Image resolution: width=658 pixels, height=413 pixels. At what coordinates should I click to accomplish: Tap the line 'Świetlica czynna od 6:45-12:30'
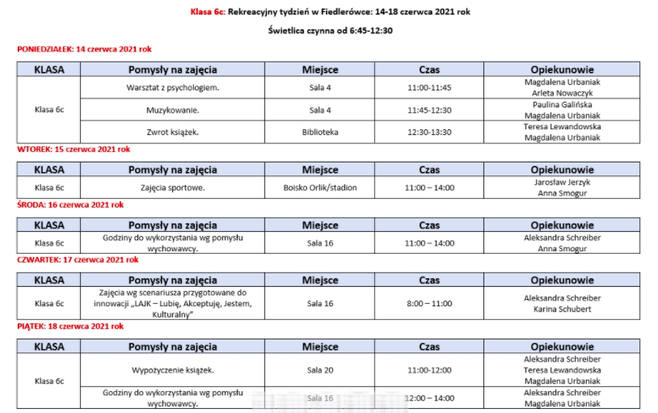pyautogui.click(x=330, y=31)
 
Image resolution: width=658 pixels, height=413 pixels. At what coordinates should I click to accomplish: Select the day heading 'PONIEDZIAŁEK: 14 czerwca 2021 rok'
pyautogui.click(x=84, y=49)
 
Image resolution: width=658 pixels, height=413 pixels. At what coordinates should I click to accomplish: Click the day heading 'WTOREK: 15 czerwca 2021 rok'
pyautogui.click(x=74, y=150)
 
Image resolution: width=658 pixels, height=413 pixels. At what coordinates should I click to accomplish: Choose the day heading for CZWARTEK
pyautogui.click(x=78, y=260)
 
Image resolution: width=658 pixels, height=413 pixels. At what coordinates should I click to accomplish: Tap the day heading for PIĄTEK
pyautogui.click(x=70, y=327)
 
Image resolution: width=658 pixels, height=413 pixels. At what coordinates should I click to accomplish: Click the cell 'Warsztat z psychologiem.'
pyautogui.click(x=173, y=87)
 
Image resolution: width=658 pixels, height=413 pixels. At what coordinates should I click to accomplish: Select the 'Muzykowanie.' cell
pyautogui.click(x=173, y=110)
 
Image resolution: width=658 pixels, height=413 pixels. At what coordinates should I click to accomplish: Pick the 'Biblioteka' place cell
pyautogui.click(x=320, y=132)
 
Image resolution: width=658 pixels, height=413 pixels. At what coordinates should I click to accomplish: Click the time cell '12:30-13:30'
pyautogui.click(x=429, y=132)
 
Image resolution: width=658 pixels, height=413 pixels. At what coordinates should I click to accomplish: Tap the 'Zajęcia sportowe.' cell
pyautogui.click(x=173, y=188)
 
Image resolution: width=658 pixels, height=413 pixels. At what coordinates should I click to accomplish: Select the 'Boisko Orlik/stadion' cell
pyautogui.click(x=320, y=188)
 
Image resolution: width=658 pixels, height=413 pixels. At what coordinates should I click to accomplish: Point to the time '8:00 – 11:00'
pyautogui.click(x=429, y=304)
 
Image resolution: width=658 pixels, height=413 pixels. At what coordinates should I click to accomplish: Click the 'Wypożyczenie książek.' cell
pyautogui.click(x=173, y=370)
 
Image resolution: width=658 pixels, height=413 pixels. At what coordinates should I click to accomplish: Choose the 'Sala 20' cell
pyautogui.click(x=320, y=370)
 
